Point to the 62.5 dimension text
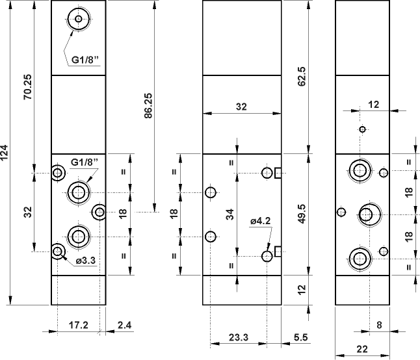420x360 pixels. tap(302, 77)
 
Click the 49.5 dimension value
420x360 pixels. tap(302, 214)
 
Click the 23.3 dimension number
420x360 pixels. tap(238, 337)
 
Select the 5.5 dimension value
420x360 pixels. tap(300, 337)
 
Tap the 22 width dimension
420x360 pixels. tap(361, 349)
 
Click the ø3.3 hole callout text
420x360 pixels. tap(86, 261)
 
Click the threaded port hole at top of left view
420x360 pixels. tap(79, 20)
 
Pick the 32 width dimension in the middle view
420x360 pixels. tap(241, 108)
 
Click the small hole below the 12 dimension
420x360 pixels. tap(363, 129)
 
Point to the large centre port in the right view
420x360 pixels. tap(368, 213)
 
